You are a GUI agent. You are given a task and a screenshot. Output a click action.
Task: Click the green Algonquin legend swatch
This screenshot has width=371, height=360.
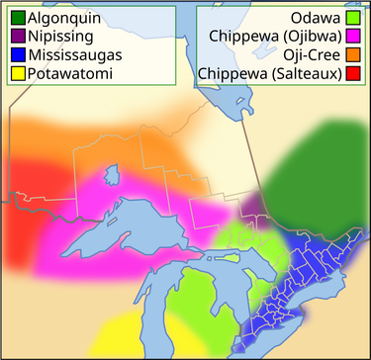(x=18, y=19)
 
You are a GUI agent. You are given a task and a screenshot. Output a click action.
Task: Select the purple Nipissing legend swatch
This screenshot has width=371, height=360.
(x=18, y=37)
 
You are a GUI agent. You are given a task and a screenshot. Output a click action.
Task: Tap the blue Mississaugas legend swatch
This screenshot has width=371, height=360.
(x=18, y=55)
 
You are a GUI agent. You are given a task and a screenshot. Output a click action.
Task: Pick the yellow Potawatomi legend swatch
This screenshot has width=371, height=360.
(x=18, y=73)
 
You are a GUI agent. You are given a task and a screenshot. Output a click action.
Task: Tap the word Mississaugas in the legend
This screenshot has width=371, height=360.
(x=75, y=55)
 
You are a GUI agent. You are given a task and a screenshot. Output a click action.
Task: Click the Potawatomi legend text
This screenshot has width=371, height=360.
(x=70, y=73)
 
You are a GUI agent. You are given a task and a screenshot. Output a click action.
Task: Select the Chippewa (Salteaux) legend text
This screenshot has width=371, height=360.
(x=270, y=73)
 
